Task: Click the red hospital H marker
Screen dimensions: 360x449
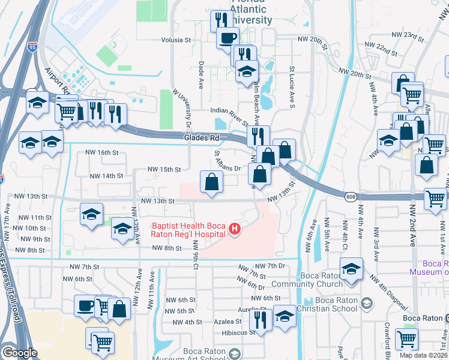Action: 235,229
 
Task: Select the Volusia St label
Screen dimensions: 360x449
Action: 175,40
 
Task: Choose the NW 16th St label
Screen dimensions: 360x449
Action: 102,152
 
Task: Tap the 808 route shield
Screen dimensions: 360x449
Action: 351,196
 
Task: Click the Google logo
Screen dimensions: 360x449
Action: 19,353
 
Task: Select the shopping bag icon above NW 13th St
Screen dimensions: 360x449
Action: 211,182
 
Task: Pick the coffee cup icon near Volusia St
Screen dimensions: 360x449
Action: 228,38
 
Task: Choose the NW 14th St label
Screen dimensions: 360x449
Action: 106,176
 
